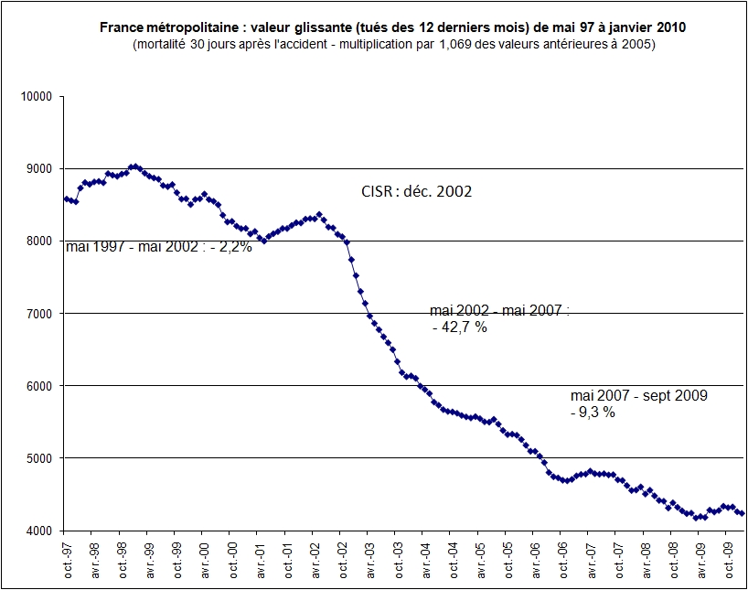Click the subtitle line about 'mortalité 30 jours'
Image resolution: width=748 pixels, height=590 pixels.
[393, 44]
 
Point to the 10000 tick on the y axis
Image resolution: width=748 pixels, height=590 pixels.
[37, 96]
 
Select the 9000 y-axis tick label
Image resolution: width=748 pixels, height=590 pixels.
[39, 168]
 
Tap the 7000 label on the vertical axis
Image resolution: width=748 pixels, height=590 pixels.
[39, 313]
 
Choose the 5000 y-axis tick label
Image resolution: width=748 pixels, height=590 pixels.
[39, 457]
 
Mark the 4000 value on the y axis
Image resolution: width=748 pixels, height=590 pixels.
[39, 530]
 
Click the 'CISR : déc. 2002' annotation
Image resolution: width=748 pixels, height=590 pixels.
[417, 192]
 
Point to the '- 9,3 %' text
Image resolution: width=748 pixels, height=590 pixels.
[593, 412]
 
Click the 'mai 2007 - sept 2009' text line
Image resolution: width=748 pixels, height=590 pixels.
[638, 395]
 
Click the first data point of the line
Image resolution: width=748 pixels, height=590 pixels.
[66, 198]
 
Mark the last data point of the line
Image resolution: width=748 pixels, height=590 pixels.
[742, 513]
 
